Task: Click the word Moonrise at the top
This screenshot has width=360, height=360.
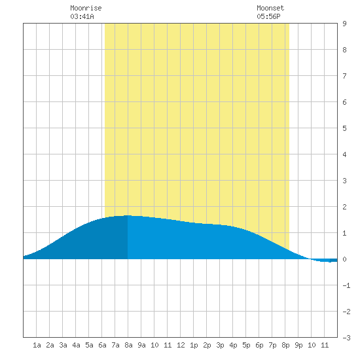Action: (86, 8)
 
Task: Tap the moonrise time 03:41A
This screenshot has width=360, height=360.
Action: (82, 16)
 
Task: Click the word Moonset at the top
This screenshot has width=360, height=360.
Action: (270, 8)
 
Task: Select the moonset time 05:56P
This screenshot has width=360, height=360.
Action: (268, 16)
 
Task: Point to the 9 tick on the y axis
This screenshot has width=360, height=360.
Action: (344, 24)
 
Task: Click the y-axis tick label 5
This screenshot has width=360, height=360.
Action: (344, 128)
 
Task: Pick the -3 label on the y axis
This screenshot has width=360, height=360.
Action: (346, 338)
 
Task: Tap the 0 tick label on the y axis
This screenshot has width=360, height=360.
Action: (344, 259)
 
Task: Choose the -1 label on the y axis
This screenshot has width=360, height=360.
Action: (346, 285)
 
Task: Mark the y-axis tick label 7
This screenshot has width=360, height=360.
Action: (344, 76)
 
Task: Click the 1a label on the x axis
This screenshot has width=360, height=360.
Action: (37, 345)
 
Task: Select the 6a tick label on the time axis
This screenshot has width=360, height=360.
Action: (102, 345)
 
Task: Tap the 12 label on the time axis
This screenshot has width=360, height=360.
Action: (181, 345)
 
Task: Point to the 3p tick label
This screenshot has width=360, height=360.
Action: (220, 345)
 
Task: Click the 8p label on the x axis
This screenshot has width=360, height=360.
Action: (285, 345)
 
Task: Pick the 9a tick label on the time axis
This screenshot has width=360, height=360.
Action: (141, 345)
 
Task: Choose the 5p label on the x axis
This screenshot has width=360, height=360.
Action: (246, 345)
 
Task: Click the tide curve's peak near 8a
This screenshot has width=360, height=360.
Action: (128, 215)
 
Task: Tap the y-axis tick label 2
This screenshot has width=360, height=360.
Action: (344, 207)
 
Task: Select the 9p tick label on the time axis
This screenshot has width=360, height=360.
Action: (298, 345)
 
